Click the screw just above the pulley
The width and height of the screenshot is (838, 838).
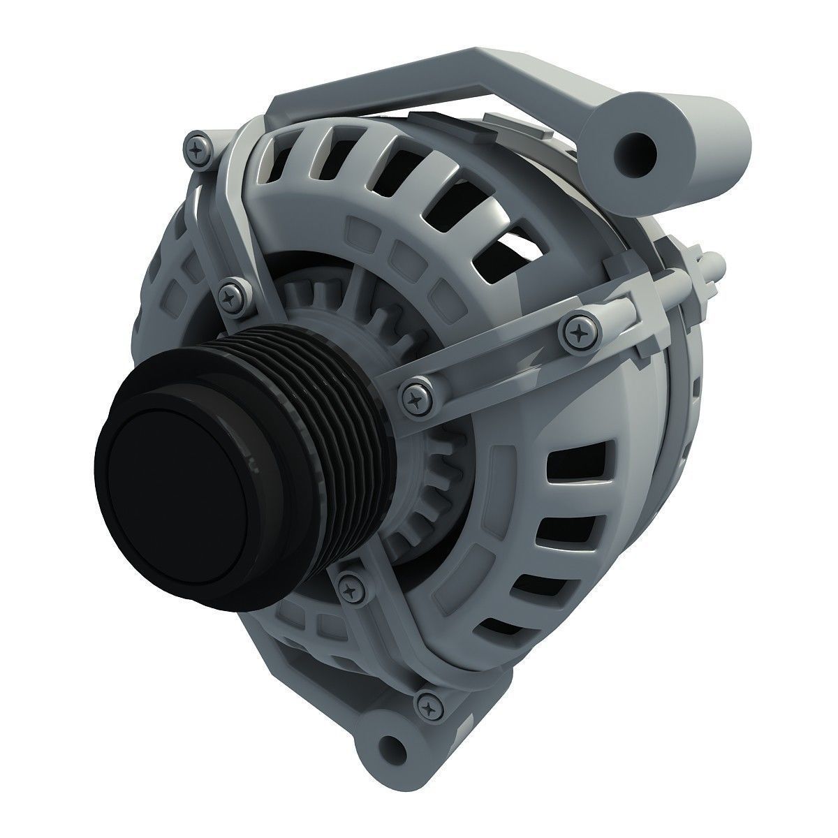[x=233, y=295]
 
